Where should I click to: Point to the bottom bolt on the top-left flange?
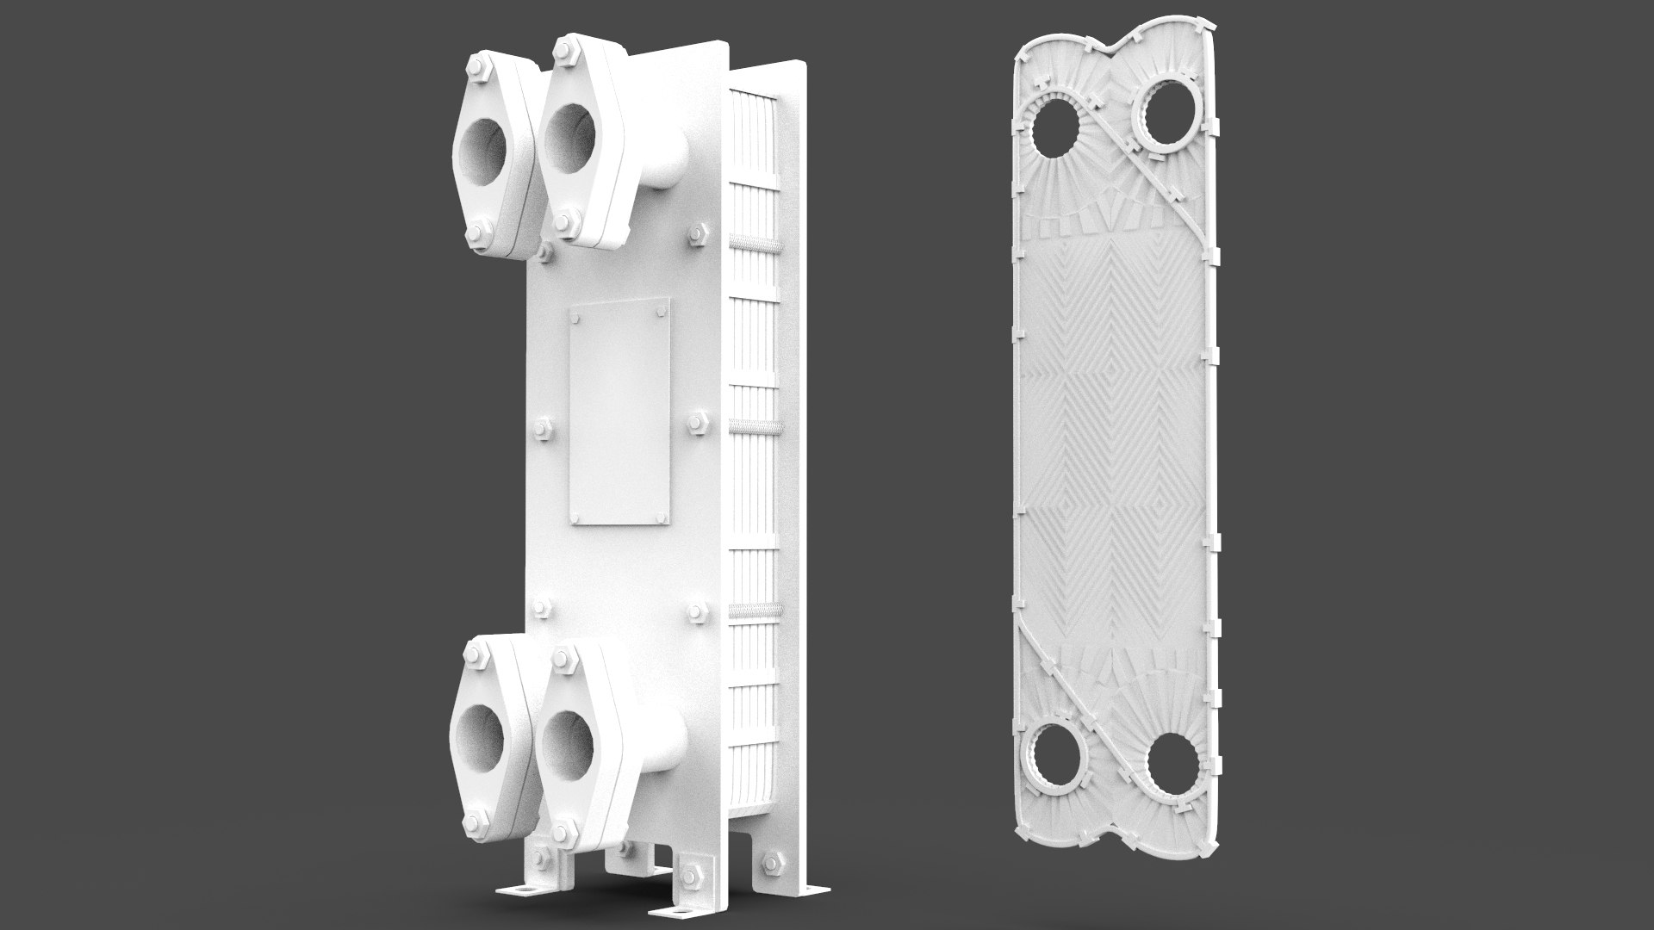point(479,231)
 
